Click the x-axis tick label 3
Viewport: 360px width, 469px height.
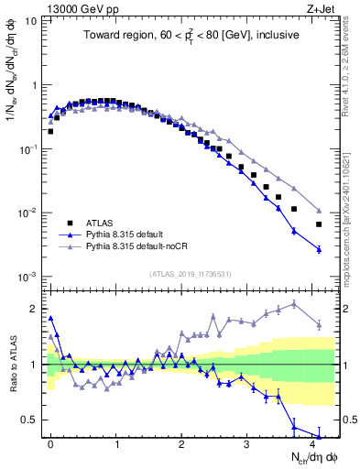[x=246, y=442]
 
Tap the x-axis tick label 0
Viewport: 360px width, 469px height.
[x=50, y=442]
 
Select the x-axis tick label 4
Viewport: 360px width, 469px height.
[x=312, y=442]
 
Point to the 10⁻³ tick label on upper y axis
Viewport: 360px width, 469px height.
[x=27, y=277]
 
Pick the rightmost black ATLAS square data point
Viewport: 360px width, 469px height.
[x=319, y=224]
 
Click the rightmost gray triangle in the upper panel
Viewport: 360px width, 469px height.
[x=319, y=209]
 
